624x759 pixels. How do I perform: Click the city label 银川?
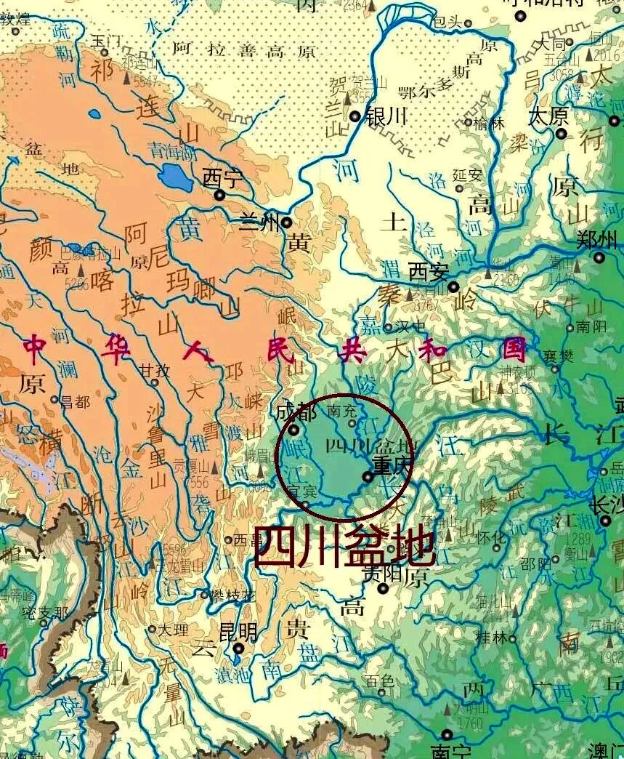pos(386,116)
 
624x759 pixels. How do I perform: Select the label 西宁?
pos(220,177)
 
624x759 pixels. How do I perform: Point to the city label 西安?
pos(428,273)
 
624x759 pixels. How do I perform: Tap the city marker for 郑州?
pos(599,257)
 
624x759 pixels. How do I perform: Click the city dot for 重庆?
pos(368,477)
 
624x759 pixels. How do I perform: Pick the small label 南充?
pos(344,411)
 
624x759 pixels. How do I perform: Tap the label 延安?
pos(467,174)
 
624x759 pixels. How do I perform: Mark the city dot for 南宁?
pos(447,735)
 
